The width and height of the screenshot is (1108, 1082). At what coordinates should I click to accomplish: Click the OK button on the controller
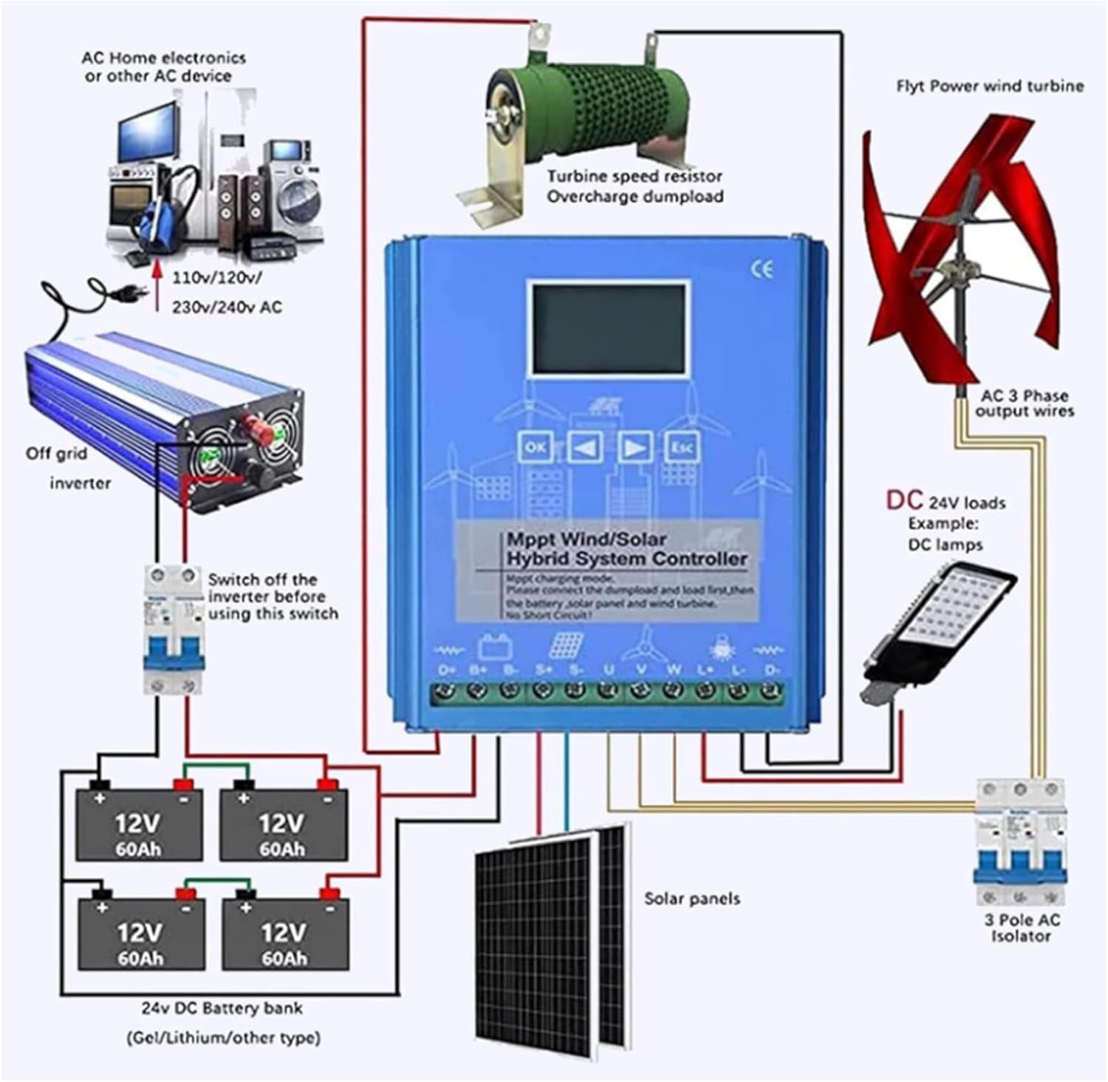536,447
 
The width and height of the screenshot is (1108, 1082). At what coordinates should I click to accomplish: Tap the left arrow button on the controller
585,447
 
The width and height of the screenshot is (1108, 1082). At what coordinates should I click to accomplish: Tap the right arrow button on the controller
635,447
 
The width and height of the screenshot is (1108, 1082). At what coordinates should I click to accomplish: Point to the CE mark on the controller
762,270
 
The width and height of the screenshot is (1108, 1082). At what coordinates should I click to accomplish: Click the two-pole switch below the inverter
174,628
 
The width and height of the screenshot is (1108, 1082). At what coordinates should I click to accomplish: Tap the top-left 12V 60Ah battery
139,824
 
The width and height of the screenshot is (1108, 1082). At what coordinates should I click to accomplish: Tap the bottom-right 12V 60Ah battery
285,933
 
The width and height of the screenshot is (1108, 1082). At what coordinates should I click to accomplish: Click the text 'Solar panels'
692,899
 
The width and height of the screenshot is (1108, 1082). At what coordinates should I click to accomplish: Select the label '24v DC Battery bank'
222,1008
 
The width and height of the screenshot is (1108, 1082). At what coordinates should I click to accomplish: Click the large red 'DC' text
905,500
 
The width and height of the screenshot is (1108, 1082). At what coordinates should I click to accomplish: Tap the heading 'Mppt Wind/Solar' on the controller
586,540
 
